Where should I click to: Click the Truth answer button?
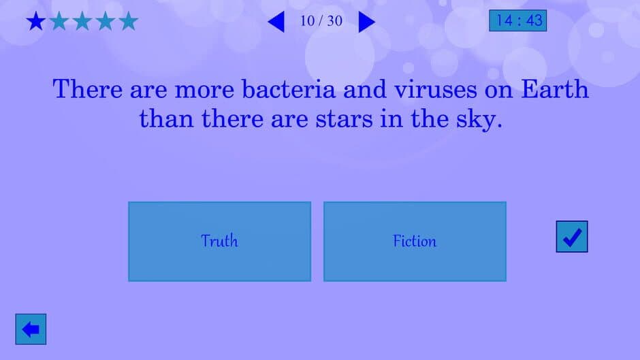click(x=219, y=241)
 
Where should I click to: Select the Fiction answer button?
click(x=415, y=241)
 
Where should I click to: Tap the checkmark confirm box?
click(x=572, y=237)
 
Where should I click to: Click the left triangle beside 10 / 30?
click(x=276, y=22)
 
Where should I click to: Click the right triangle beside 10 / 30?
click(x=366, y=22)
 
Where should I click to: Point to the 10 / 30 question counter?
click(x=321, y=21)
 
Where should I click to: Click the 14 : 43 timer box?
click(x=518, y=20)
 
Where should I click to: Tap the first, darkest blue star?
click(x=35, y=22)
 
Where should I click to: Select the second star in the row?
click(x=59, y=22)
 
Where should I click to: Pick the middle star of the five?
click(x=82, y=22)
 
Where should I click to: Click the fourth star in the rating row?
click(x=106, y=22)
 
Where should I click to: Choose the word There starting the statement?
click(x=86, y=89)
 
